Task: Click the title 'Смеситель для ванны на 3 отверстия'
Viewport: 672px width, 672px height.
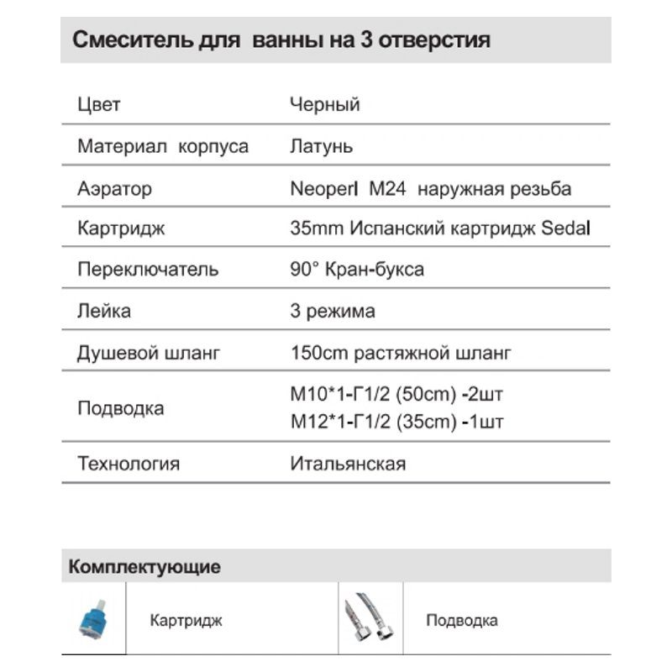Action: pos(281,40)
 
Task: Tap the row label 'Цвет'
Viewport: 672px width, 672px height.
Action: pos(98,105)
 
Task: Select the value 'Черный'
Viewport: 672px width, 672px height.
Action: pos(324,105)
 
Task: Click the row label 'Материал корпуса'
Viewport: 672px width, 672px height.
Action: pos(163,146)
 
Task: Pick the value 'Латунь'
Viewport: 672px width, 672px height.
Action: pos(321,146)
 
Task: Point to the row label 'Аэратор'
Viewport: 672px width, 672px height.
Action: pos(115,188)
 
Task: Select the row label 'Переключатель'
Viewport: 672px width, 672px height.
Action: pos(148,270)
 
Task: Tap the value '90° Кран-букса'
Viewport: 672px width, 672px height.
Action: pos(356,270)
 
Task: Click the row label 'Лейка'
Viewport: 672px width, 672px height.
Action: pos(104,311)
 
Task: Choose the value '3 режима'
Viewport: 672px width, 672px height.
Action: pos(332,311)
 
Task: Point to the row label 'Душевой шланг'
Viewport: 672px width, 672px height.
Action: pos(149,353)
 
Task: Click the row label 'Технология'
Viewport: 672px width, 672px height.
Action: pos(129,463)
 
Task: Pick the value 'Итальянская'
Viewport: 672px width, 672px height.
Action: pos(348,463)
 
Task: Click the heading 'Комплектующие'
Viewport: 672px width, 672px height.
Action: pos(145,566)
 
